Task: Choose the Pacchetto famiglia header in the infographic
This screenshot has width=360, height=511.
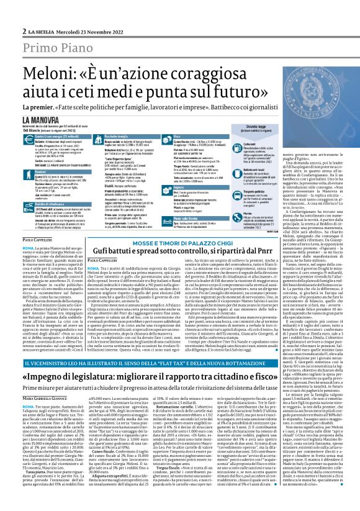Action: [x=102, y=135]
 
